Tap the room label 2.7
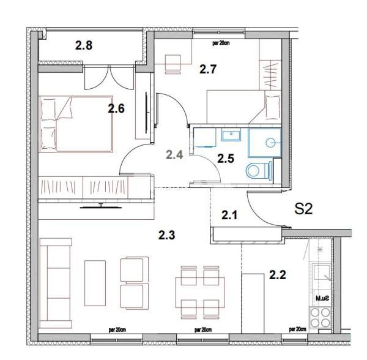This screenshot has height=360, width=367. pos(209,69)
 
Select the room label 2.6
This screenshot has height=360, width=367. pos(116,109)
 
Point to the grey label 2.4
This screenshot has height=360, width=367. pos(175,154)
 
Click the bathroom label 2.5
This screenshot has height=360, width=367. pos(226,159)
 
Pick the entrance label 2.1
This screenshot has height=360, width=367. pos(229,215)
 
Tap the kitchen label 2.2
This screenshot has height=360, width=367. pos(278,276)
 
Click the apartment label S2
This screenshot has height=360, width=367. pos(304,209)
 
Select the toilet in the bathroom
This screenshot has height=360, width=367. pos(258,170)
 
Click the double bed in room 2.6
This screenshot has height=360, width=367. pos(76,123)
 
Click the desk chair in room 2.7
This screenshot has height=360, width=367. pos(174,62)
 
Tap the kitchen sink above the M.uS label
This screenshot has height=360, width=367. pos(321,276)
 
